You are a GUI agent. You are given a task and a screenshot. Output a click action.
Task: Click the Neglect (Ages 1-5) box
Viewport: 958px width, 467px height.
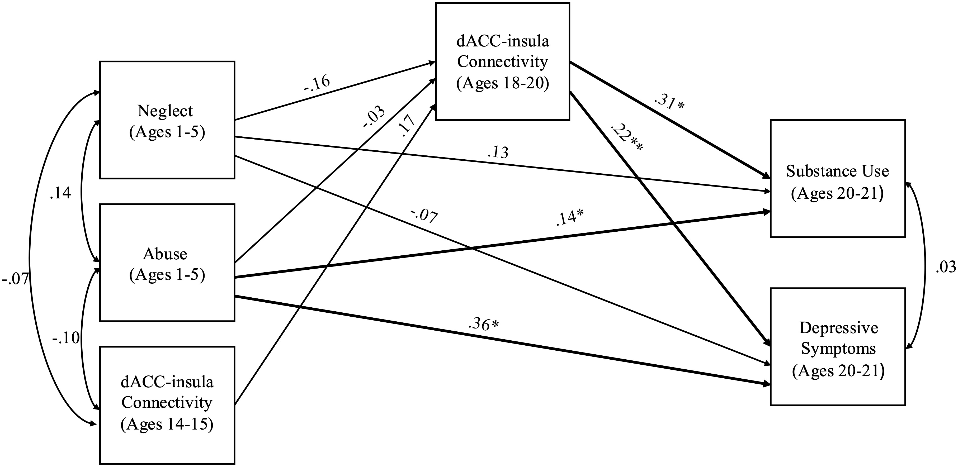coord(167,120)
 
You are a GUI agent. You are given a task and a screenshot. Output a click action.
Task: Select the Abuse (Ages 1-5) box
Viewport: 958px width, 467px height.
coord(167,263)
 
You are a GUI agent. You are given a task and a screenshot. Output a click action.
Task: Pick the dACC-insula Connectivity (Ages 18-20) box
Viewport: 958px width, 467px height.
coord(502,62)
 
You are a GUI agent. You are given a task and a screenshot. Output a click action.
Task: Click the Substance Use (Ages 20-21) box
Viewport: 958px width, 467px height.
coord(838,178)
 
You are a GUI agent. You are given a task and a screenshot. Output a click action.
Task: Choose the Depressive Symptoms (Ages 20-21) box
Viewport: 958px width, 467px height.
coord(838,346)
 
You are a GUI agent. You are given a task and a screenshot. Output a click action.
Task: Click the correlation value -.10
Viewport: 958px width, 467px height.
coord(66,338)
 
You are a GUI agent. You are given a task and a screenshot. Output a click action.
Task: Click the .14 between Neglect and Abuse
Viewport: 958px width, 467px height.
coord(60,193)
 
